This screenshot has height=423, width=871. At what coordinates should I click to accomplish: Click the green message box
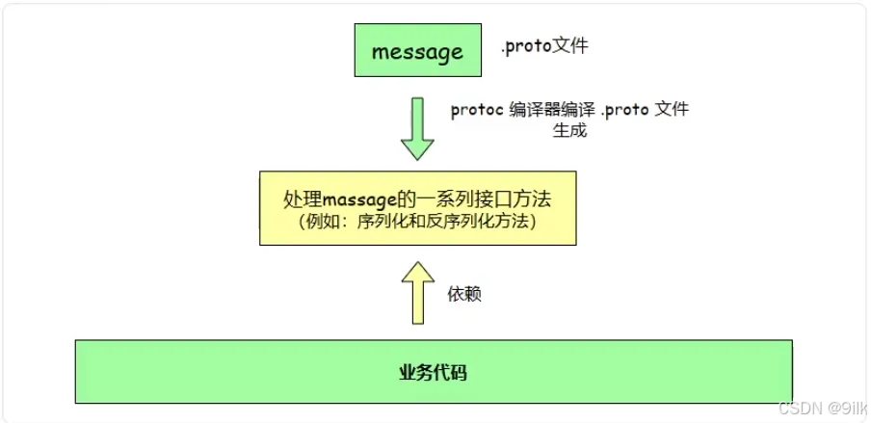(417, 51)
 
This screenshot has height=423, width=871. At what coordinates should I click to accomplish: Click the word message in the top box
(417, 52)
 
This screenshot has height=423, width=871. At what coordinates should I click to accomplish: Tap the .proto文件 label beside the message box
(543, 46)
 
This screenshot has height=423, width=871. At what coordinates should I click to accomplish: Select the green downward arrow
(417, 128)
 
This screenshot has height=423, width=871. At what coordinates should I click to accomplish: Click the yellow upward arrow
(417, 295)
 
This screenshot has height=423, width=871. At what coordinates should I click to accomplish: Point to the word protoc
(475, 110)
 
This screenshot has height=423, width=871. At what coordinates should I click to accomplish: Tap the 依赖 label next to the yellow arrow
(465, 294)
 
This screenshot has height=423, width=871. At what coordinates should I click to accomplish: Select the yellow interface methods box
(417, 207)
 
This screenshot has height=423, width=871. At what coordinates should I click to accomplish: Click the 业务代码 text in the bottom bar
(433, 371)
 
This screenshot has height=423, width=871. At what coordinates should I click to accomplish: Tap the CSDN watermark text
(801, 409)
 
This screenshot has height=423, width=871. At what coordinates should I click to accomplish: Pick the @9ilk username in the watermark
(845, 409)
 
